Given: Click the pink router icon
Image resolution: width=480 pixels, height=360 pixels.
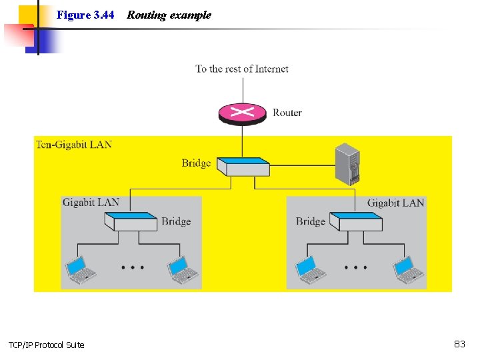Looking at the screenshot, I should point(242,113).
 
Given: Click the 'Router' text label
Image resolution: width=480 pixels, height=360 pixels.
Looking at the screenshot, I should point(287,113).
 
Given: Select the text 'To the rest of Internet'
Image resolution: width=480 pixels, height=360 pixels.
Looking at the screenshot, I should point(242,69).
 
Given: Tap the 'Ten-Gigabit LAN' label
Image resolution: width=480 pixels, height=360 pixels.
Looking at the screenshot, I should point(74,144).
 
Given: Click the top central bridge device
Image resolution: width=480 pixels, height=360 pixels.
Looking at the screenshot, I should point(244,166).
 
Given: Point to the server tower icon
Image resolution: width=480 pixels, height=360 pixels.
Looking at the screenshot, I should point(347,164).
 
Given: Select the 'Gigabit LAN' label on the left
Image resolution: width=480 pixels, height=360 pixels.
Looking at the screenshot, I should point(91,202).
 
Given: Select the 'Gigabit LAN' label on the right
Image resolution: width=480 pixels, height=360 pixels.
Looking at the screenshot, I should point(395,203).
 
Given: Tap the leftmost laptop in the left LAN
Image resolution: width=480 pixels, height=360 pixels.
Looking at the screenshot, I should point(82,270).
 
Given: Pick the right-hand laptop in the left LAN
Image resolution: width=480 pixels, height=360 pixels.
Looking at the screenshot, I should point(183,270).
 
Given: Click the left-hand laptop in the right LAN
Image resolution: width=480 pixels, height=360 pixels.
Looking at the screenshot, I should point(309,270).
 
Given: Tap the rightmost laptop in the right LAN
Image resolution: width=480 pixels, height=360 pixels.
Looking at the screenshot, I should point(408,270).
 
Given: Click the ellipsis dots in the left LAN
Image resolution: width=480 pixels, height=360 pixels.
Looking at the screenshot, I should point(133,267).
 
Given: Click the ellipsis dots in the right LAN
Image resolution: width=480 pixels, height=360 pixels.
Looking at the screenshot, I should point(356,267).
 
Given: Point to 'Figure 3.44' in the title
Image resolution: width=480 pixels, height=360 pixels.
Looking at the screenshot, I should point(85,15).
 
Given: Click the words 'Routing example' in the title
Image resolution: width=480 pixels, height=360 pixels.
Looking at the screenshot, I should point(169,15).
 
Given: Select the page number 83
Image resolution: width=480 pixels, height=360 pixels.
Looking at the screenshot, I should point(459,344).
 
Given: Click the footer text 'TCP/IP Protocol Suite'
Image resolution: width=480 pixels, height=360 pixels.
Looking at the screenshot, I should point(46,345).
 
